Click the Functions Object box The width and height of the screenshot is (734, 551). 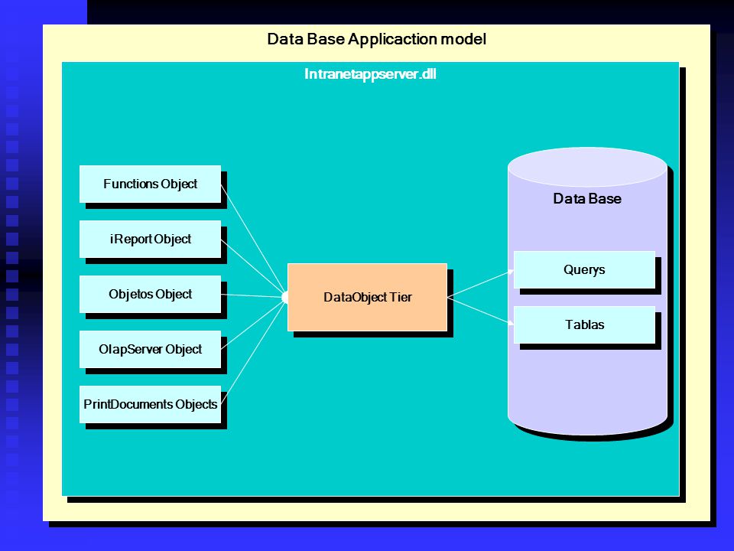150,184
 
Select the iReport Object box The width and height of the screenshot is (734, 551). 150,239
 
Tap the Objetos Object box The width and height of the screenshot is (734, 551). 150,294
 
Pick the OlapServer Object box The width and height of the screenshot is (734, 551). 150,349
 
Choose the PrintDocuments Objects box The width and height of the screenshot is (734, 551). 150,404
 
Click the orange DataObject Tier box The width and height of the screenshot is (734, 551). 367,297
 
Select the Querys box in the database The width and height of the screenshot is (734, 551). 584,269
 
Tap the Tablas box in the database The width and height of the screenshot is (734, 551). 584,324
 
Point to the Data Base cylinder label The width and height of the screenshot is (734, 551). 587,199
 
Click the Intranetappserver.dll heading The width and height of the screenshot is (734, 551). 370,74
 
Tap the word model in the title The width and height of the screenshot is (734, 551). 463,39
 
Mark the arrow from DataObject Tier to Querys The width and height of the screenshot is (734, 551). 481,283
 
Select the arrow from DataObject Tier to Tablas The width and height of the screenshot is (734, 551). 481,311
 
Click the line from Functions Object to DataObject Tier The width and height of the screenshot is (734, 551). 252,239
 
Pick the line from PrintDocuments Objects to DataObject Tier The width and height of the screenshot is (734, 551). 253,352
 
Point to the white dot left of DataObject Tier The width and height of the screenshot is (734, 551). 285,297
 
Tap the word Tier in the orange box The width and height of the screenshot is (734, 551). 401,297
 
